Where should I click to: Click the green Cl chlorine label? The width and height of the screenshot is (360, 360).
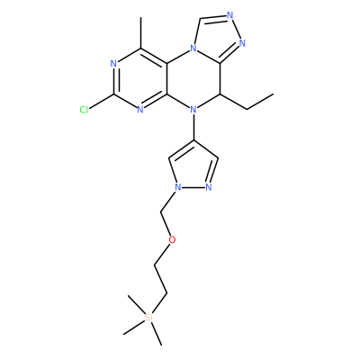click(84, 110)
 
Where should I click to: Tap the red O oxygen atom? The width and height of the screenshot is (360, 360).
click(172, 239)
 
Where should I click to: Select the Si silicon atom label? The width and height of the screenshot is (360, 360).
click(148, 318)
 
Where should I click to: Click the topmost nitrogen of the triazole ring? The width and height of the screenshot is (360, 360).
click(230, 15)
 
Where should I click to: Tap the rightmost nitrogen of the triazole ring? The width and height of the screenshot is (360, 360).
click(242, 43)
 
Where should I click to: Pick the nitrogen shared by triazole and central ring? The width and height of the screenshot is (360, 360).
click(193, 48)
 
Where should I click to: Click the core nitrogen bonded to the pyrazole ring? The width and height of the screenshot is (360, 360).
click(193, 110)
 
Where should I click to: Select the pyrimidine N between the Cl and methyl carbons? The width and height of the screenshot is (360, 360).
click(113, 64)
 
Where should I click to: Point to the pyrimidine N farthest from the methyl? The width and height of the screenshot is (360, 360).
click(140, 110)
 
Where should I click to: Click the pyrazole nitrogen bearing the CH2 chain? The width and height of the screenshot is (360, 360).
click(178, 188)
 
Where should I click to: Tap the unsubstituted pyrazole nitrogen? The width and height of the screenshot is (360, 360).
click(209, 188)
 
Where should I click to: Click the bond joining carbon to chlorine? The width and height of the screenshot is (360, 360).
click(102, 101)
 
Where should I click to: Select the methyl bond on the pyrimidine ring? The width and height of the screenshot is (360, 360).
click(140, 32)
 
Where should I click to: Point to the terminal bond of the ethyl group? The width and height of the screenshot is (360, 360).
click(260, 102)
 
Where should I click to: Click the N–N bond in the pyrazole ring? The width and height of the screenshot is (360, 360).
click(193, 188)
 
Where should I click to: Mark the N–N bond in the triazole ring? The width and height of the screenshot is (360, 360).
click(237, 29)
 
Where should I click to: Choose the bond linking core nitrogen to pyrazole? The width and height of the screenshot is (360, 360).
click(193, 127)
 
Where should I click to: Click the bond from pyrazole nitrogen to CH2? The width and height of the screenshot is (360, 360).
click(168, 202)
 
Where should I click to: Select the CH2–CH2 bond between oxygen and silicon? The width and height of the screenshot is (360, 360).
click(161, 280)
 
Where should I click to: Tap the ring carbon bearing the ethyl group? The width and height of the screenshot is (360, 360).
click(220, 94)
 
